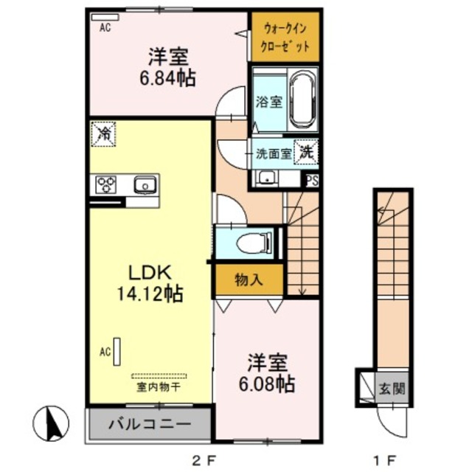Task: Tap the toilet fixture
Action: coord(254,242)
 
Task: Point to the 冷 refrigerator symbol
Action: coord(104,134)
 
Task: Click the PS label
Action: coord(313,179)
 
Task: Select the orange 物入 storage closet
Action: coord(249,280)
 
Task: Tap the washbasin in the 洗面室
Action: coord(265,178)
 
